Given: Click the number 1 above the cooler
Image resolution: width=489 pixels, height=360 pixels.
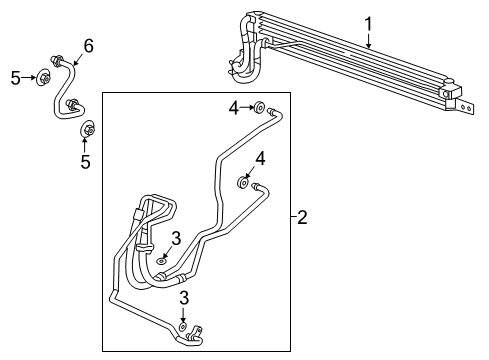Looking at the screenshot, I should (368, 22).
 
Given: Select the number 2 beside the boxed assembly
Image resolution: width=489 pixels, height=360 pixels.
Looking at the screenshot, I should (302, 217).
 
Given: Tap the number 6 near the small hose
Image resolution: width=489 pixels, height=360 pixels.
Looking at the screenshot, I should (88, 46).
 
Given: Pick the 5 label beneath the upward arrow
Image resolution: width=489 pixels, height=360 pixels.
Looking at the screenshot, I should (85, 162).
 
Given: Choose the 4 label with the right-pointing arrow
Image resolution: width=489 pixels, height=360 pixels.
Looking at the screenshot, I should (233, 106).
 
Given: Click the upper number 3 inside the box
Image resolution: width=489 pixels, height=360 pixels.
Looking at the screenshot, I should (175, 238).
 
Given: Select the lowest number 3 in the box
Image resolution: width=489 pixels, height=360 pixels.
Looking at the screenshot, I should (182, 298).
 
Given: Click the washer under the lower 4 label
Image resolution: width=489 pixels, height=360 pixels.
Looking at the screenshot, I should (243, 182).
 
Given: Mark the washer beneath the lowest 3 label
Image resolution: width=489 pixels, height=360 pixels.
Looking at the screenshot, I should (183, 325).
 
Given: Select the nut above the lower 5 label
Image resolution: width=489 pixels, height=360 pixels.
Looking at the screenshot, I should (87, 128).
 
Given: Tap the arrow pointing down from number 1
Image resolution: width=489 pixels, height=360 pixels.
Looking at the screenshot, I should (368, 40).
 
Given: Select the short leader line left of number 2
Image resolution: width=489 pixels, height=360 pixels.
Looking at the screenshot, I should (291, 217).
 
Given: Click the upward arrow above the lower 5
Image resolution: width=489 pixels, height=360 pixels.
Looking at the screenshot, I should (85, 143).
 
